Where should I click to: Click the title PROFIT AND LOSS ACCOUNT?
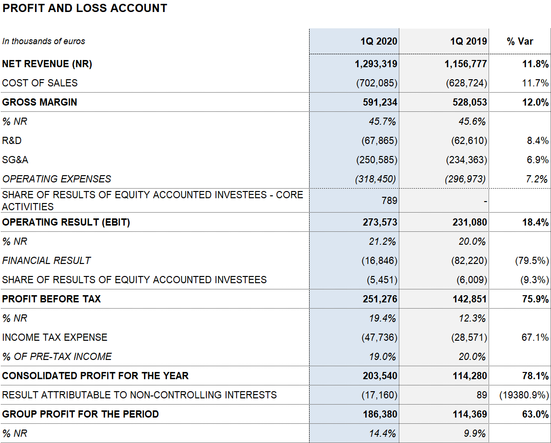point(84,8)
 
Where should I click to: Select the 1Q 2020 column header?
point(379,41)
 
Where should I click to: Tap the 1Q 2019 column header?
point(468,41)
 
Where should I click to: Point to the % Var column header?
point(520,41)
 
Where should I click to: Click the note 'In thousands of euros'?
point(44,41)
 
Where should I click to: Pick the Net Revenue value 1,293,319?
point(376,64)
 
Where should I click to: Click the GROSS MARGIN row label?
point(39,102)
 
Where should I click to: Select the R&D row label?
point(12,141)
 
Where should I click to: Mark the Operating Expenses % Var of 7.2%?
point(537,179)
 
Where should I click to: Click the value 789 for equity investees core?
point(389,201)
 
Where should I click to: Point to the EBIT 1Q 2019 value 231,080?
point(469,222)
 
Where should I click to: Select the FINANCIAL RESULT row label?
point(47,261)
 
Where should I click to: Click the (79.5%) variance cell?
point(532,261)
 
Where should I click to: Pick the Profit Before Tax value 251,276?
point(380,299)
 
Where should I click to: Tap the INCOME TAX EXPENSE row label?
point(54,337)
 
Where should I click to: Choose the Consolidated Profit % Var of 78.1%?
point(535,376)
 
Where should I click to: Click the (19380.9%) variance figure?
point(524,395)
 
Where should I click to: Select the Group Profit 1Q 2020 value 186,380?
point(380,414)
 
